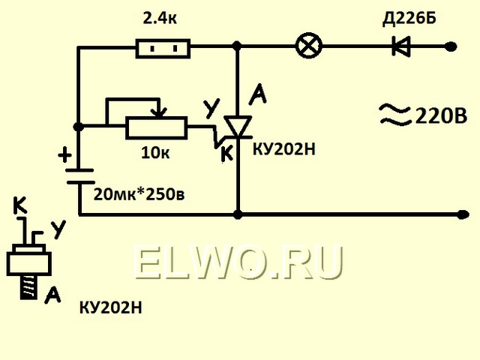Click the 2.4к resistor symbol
163,48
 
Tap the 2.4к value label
160,19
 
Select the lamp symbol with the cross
309,46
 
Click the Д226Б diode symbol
401,46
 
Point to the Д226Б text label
409,19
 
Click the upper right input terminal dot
451,46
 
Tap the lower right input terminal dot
462,214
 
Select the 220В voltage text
441,116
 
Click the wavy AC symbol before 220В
395,115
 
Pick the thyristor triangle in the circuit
238,126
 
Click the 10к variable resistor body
157,127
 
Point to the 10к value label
155,152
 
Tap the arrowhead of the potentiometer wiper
160,113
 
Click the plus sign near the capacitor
65,155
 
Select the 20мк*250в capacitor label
139,194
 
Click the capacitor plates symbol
80,176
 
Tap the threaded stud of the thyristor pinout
28,286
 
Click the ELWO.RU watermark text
238,263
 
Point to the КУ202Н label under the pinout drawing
111,307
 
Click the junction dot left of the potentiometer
79,127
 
